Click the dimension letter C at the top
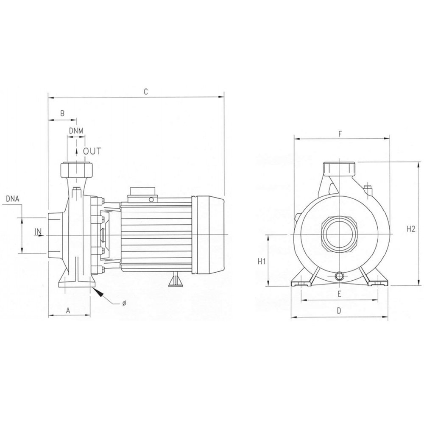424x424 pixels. tap(146, 92)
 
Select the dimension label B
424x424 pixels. tap(62, 113)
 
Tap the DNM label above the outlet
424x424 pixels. tap(76, 131)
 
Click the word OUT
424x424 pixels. tap(92, 151)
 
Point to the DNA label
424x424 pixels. tap(12, 199)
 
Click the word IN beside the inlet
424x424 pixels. tap(38, 232)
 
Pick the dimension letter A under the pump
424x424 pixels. tap(68, 311)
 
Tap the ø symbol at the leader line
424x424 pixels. tap(124, 304)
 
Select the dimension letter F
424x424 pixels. tap(340, 133)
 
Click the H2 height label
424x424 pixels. tap(410, 229)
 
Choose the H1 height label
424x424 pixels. tap(262, 262)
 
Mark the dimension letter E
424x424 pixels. tap(340, 294)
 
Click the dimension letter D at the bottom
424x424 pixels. tap(339, 311)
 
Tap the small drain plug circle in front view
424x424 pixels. tap(339, 276)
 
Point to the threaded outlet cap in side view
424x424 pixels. tap(76, 169)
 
